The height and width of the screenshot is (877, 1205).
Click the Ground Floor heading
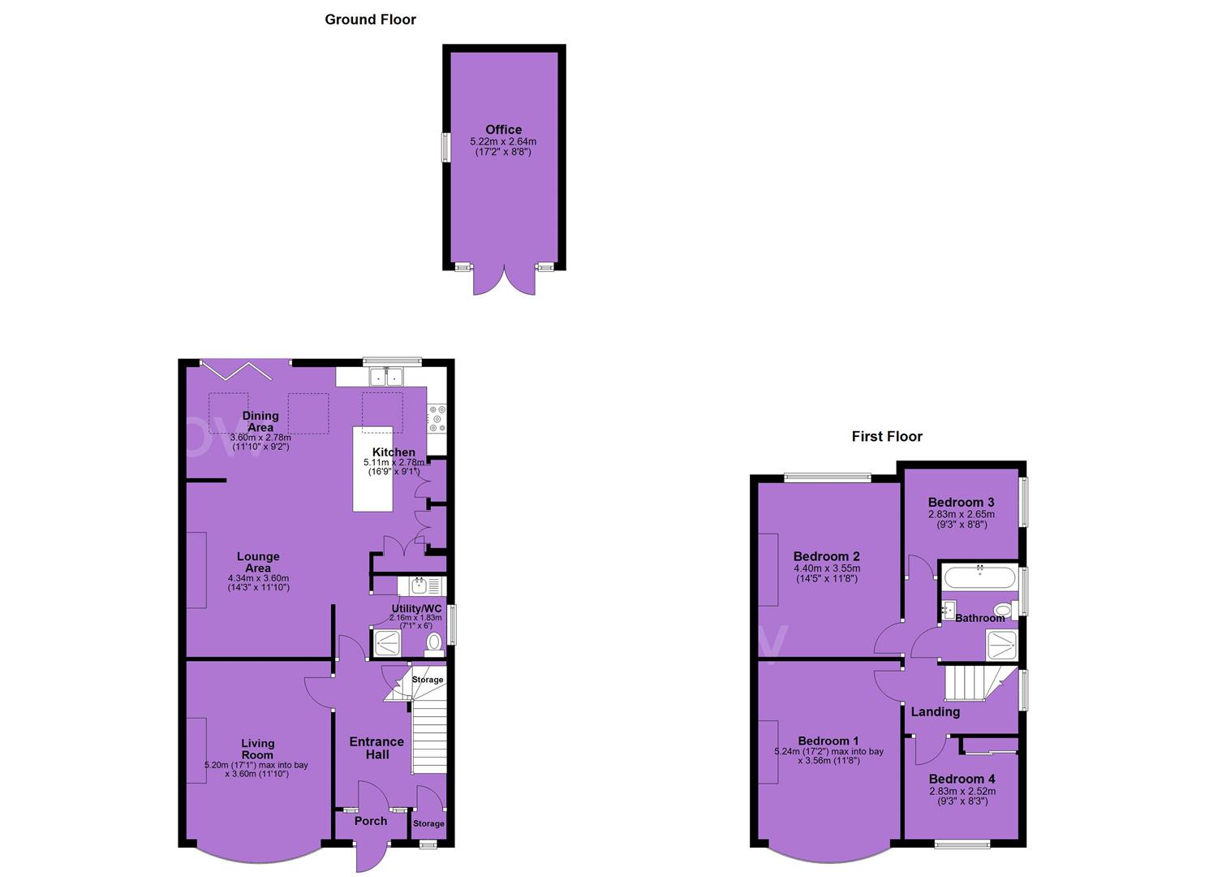(x=370, y=20)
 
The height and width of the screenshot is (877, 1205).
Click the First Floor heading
(x=887, y=437)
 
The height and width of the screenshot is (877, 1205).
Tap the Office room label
(x=504, y=130)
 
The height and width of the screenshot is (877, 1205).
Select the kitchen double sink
(x=387, y=376)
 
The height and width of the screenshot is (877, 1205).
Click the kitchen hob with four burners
(x=437, y=418)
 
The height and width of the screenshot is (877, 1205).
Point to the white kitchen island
(x=372, y=469)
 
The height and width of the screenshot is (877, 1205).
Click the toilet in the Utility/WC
(x=434, y=645)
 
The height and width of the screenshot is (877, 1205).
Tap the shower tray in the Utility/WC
(x=387, y=643)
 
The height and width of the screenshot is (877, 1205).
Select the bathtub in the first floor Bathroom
(x=979, y=578)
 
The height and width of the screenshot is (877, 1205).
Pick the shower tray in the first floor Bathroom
(x=1001, y=645)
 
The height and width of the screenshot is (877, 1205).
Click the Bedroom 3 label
(x=962, y=503)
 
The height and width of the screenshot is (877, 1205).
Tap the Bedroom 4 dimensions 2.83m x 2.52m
(x=962, y=792)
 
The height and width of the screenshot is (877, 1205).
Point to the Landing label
(x=936, y=712)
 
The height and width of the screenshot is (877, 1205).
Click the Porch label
(x=371, y=821)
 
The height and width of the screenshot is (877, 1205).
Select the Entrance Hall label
(x=377, y=749)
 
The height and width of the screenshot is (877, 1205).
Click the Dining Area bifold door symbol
(x=232, y=371)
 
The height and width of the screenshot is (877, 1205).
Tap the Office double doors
(x=504, y=281)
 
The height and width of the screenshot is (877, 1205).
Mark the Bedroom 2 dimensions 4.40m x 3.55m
(x=827, y=568)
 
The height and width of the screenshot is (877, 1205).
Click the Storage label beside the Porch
(x=428, y=823)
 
